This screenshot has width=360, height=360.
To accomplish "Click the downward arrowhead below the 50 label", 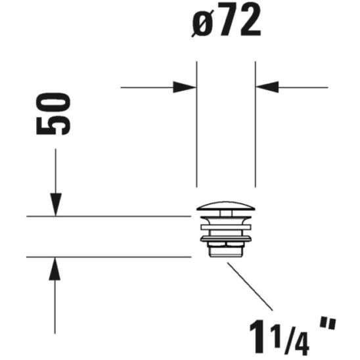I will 56,205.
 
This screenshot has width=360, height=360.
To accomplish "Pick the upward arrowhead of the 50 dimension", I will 56,268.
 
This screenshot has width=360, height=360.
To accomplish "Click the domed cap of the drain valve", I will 226,208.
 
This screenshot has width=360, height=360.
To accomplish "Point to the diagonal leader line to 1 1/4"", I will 250,286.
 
